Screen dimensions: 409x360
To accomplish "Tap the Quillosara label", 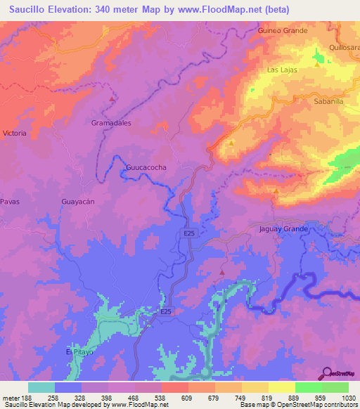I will [345, 48].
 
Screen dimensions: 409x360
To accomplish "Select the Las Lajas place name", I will [282, 70].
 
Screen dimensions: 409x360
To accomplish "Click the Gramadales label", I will [111, 122].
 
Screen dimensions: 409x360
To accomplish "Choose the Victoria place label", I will [15, 133].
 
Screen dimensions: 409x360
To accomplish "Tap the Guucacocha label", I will [146, 168].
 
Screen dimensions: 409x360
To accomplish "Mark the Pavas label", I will [9, 202].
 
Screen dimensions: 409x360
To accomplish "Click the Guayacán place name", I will [78, 202].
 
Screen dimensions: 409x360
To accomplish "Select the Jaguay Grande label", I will [284, 229].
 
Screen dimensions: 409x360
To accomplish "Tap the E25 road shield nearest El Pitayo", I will [165, 311].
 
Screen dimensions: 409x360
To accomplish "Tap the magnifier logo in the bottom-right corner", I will [326, 372].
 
